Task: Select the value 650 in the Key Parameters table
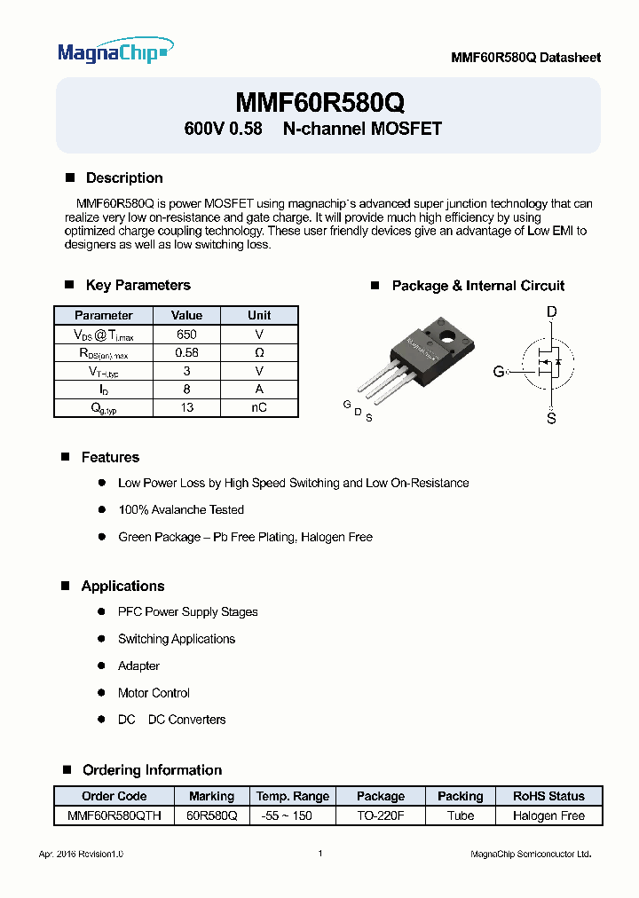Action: coord(186,335)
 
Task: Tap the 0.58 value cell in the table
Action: coord(186,352)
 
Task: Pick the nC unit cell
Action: coord(259,407)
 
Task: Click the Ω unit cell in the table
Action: coord(259,352)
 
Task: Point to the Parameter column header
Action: coord(104,315)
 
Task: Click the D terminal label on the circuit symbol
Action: coord(551,311)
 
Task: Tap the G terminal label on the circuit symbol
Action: coord(499,372)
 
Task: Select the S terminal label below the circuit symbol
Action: coord(551,418)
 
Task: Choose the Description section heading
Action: coord(124,177)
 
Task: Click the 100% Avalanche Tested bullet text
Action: coord(181,509)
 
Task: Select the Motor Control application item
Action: coord(154,693)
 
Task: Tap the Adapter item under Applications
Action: coord(138,666)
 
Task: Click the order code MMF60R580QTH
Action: coord(114,815)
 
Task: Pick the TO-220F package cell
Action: coord(381,815)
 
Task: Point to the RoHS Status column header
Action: coord(548,796)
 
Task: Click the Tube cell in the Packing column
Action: coord(461,815)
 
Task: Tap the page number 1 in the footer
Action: coord(319,854)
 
